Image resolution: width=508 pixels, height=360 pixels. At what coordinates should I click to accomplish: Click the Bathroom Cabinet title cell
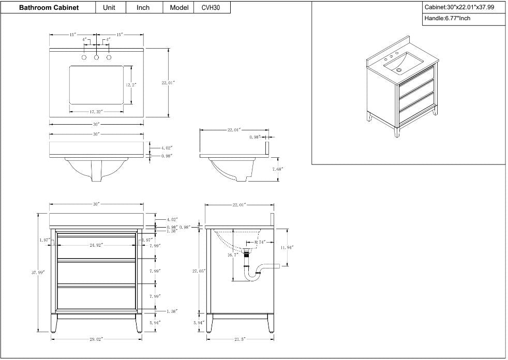tap(49, 8)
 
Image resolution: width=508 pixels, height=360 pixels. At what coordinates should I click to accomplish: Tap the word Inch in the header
tap(143, 8)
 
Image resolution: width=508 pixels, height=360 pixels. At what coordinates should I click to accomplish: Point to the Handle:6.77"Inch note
tap(447, 19)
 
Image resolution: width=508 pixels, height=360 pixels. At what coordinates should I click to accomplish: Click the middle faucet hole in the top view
tap(96, 57)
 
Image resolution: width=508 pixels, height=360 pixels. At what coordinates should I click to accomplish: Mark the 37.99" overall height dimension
tap(37, 272)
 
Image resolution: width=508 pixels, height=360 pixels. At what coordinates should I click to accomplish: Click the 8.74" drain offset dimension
tap(259, 242)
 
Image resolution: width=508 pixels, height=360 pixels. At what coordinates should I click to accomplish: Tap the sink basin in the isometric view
tap(404, 62)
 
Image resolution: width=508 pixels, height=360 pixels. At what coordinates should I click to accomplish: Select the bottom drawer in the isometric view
tap(416, 109)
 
